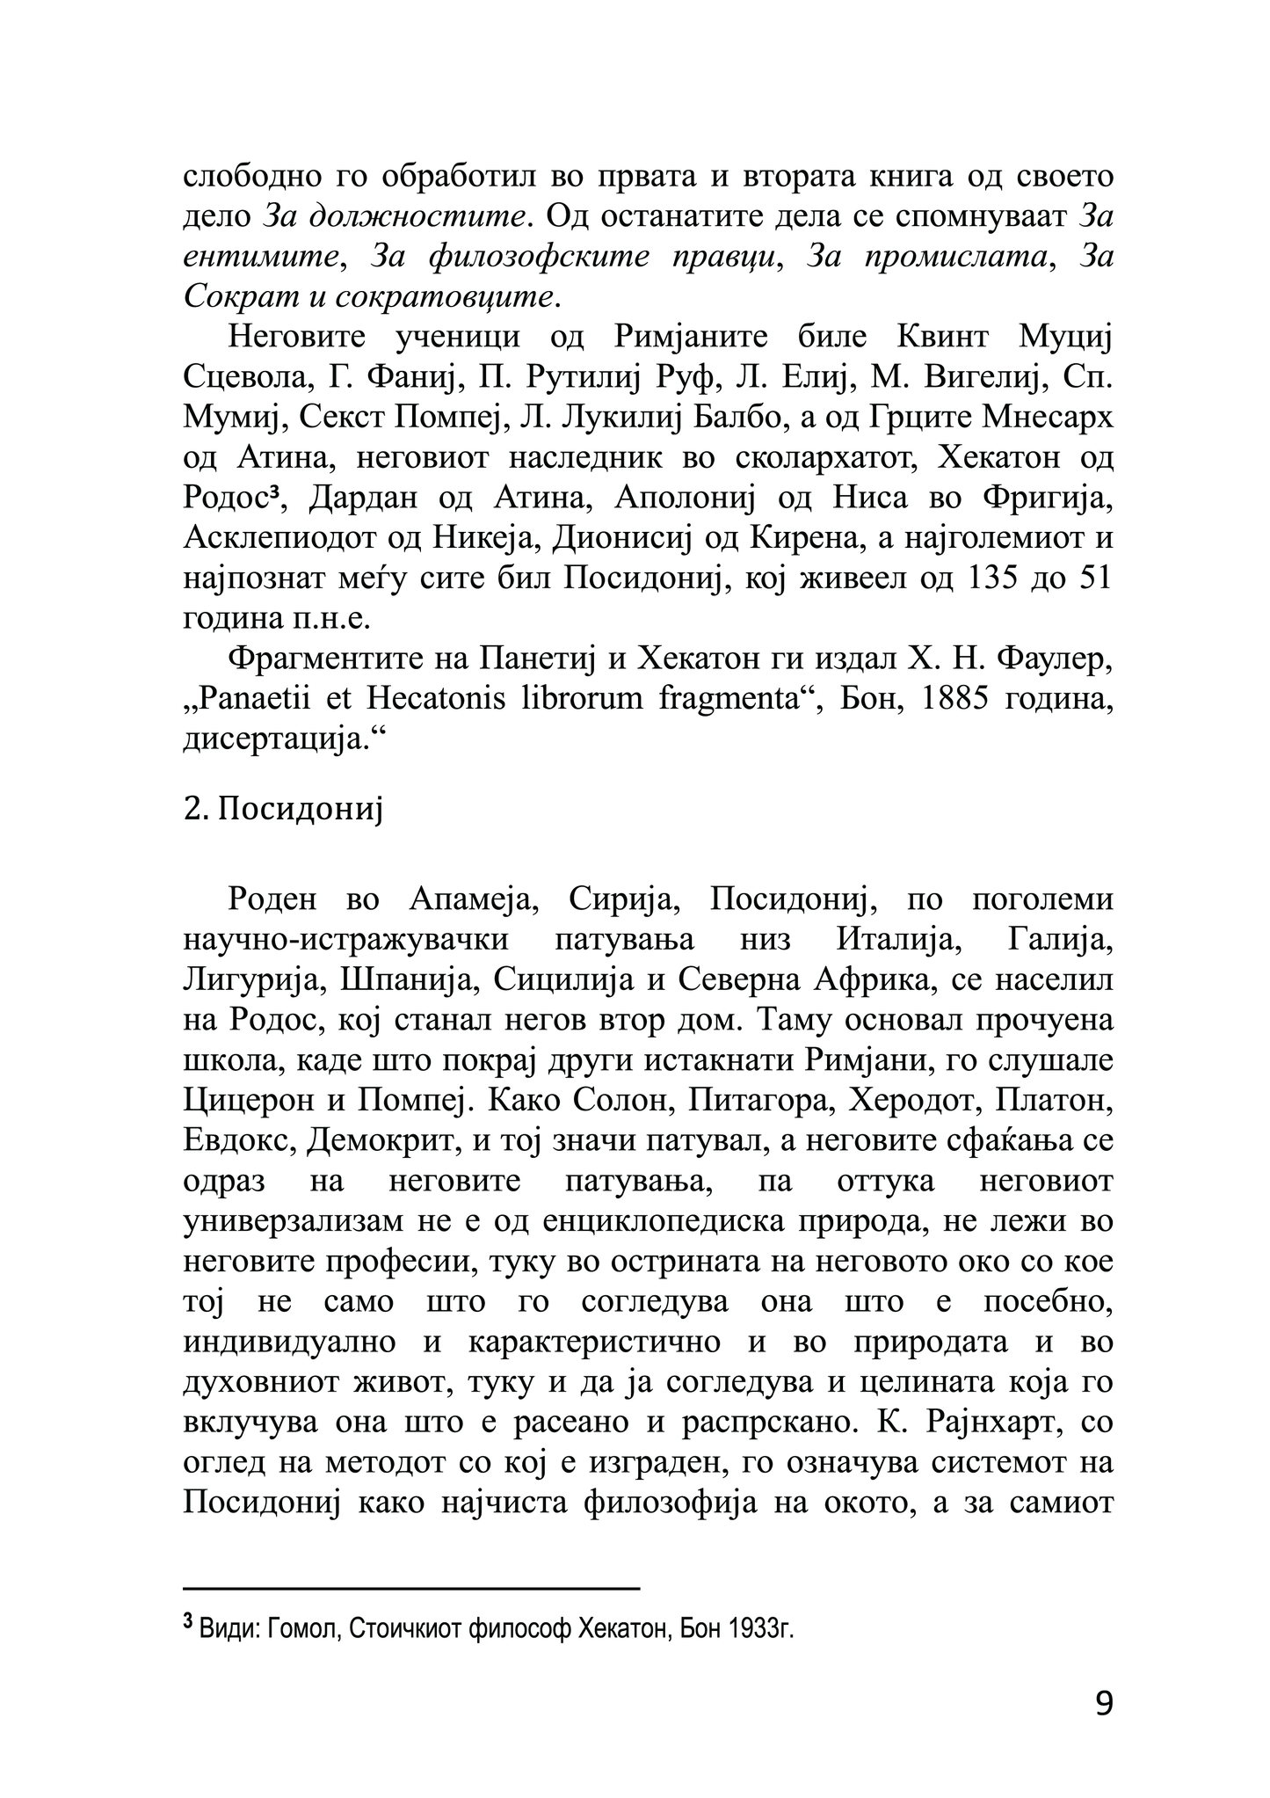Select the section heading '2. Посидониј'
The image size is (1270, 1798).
[284, 808]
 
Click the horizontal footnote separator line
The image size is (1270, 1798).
[411, 1589]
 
